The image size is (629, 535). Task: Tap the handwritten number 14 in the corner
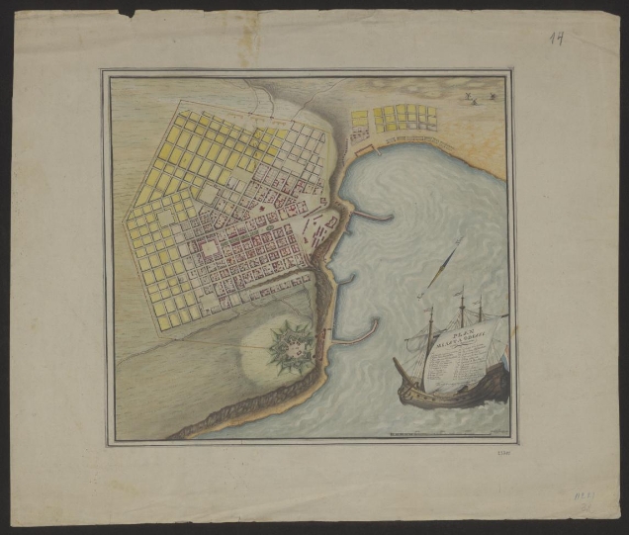pyautogui.click(x=559, y=38)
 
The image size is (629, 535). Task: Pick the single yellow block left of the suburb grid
pyautogui.click(x=358, y=118)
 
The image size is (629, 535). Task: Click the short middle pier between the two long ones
pyautogui.click(x=344, y=280)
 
